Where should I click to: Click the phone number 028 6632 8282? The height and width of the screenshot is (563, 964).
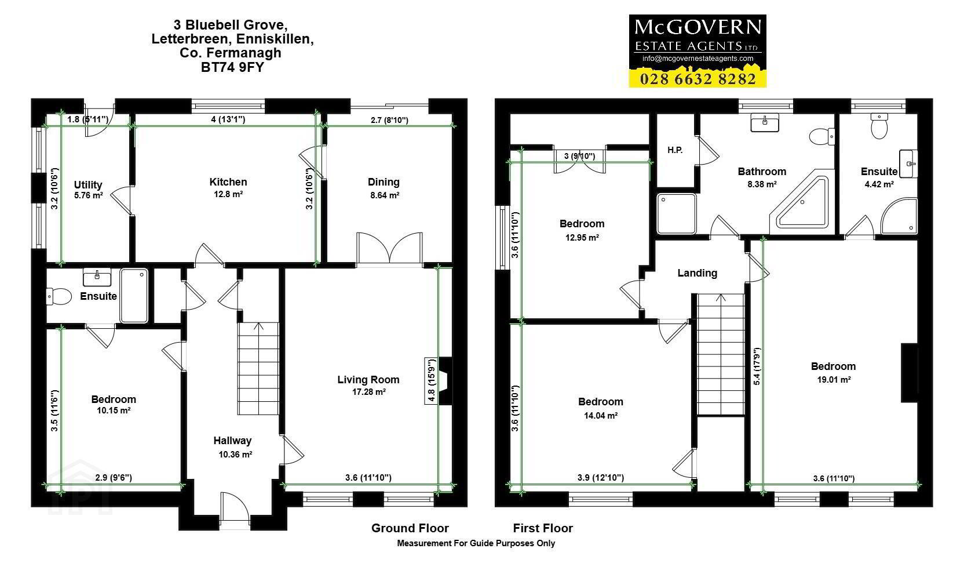pyautogui.click(x=698, y=79)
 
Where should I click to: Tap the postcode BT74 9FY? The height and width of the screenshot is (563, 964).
pyautogui.click(x=232, y=67)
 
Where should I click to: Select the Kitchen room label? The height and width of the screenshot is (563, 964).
pyautogui.click(x=228, y=182)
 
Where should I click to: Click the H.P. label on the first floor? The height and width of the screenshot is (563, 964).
pyautogui.click(x=675, y=150)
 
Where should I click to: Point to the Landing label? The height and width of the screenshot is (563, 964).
pyautogui.click(x=697, y=273)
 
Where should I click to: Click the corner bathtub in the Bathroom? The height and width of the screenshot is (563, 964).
pyautogui.click(x=799, y=202)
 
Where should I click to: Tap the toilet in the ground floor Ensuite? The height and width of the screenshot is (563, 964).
pyautogui.click(x=59, y=296)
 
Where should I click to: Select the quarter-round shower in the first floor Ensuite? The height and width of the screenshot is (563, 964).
pyautogui.click(x=899, y=216)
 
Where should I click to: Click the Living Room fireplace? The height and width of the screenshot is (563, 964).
pyautogui.click(x=446, y=381)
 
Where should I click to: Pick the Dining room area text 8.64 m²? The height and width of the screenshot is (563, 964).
pyautogui.click(x=385, y=195)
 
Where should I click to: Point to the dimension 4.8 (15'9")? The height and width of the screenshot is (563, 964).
pyautogui.click(x=431, y=381)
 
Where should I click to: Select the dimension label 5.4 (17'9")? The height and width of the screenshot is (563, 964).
pyautogui.click(x=757, y=366)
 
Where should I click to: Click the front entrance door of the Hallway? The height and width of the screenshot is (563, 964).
pyautogui.click(x=235, y=511)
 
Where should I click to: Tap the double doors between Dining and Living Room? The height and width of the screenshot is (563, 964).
pyautogui.click(x=389, y=248)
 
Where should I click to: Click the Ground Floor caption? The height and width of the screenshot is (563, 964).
pyautogui.click(x=410, y=528)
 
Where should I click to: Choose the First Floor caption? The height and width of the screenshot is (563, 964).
pyautogui.click(x=543, y=528)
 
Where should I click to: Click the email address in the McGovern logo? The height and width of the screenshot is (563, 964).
pyautogui.click(x=698, y=59)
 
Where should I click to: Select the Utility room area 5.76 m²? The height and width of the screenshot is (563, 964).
pyautogui.click(x=88, y=195)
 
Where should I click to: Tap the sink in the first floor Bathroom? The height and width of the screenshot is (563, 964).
pyautogui.click(x=764, y=122)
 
